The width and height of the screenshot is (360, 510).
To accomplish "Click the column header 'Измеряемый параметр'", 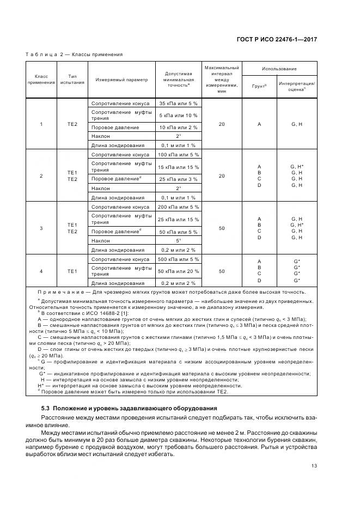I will point(121,80).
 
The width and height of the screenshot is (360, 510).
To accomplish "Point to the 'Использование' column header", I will point(279,69).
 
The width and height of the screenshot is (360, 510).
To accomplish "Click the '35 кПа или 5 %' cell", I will point(178,103).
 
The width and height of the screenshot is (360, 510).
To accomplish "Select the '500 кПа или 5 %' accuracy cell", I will point(178,259).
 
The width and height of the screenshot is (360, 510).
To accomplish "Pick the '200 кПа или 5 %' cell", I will point(178,207).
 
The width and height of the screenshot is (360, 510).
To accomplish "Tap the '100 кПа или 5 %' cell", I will point(178,155).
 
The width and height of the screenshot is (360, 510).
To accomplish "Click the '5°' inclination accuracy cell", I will point(178,240).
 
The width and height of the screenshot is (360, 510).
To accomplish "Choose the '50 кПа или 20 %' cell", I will point(178,271).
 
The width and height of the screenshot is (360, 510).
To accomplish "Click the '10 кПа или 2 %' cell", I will point(178,127).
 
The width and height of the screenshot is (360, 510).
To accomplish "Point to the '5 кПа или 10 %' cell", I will point(178,115).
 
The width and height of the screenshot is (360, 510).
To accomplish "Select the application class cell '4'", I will point(41,271).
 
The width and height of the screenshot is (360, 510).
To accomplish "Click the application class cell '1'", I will point(41,124).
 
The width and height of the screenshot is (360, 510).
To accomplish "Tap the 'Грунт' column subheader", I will point(259,86).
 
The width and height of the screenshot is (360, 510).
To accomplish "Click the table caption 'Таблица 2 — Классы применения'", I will point(74,54).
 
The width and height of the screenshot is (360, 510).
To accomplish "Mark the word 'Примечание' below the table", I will point(58,292).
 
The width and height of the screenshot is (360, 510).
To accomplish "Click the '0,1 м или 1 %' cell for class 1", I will point(178,145).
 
